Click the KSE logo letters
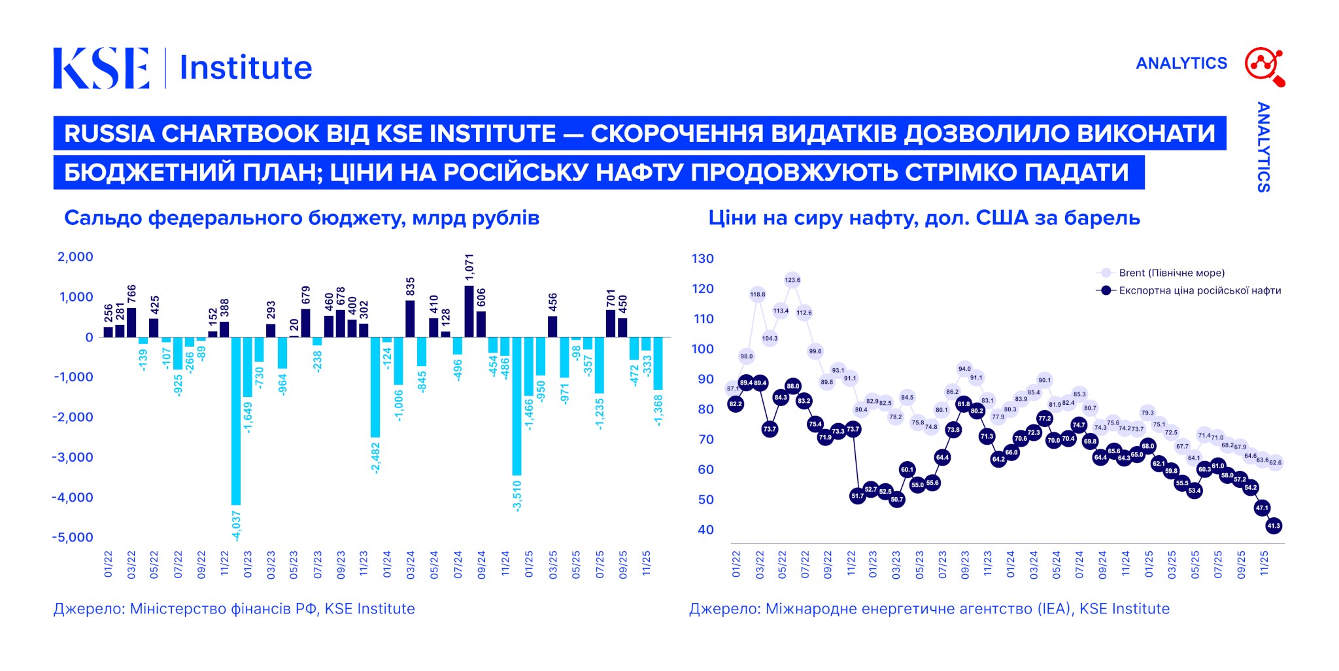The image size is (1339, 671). tap(101, 67)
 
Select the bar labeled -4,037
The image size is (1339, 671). tap(236, 421)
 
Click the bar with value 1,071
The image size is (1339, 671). tap(469, 311)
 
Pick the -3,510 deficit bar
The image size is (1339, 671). tap(517, 405)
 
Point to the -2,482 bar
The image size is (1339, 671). tap(375, 387)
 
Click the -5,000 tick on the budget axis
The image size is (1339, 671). tap(73, 537)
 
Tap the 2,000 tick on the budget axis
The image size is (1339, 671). tap(75, 256)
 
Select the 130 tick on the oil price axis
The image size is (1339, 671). tap(703, 258)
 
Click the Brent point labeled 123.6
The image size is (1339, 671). tap(792, 280)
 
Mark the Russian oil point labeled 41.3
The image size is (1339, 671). tap(1274, 525)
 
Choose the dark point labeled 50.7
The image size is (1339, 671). tap(896, 500)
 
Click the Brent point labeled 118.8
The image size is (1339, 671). tap(758, 294)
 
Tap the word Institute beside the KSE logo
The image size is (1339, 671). tap(246, 67)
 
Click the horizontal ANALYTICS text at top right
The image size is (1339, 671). tap(1181, 63)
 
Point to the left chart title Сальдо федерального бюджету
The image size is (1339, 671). tap(301, 218)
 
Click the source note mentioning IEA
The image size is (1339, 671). tap(929, 609)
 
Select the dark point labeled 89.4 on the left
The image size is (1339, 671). tap(746, 383)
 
